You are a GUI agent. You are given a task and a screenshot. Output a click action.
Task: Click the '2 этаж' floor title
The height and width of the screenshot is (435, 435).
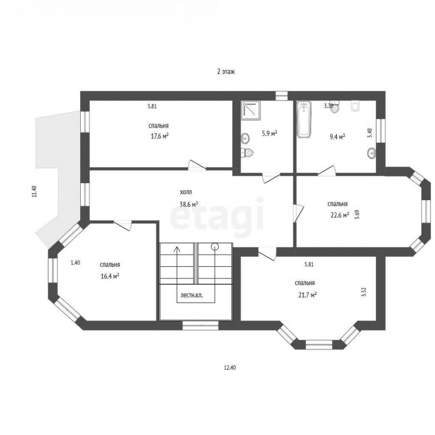(226, 72)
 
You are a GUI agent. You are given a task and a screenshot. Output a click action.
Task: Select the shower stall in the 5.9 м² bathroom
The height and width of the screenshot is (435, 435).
(251, 110)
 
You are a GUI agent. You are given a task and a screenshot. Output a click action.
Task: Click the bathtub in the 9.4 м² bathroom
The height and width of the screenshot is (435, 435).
(304, 119)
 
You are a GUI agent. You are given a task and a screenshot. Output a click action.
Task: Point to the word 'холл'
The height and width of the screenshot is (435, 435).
(186, 192)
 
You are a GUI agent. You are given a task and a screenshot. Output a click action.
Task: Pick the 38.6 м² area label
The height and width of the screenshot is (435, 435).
(188, 204)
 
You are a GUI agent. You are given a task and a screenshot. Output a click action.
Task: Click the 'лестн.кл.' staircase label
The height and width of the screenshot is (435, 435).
(191, 295)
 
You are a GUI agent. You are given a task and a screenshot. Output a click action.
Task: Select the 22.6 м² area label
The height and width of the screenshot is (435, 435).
(340, 215)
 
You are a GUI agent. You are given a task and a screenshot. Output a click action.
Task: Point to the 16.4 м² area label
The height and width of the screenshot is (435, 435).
(110, 276)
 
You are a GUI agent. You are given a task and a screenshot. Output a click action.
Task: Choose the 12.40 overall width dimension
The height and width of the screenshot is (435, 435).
(230, 368)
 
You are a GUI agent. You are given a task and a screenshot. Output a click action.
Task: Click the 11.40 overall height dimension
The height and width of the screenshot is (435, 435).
(34, 191)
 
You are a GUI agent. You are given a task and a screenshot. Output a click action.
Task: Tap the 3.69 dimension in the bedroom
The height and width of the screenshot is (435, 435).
(358, 215)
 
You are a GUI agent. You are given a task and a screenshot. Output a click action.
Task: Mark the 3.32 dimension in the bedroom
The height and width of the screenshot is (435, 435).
(364, 292)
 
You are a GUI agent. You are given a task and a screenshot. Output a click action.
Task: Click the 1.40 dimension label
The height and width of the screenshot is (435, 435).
(75, 263)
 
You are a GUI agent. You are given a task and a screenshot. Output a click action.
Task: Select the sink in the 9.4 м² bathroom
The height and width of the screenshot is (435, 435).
(372, 153)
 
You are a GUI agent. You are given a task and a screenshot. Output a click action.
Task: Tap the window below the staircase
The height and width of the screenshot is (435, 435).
(200, 325)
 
